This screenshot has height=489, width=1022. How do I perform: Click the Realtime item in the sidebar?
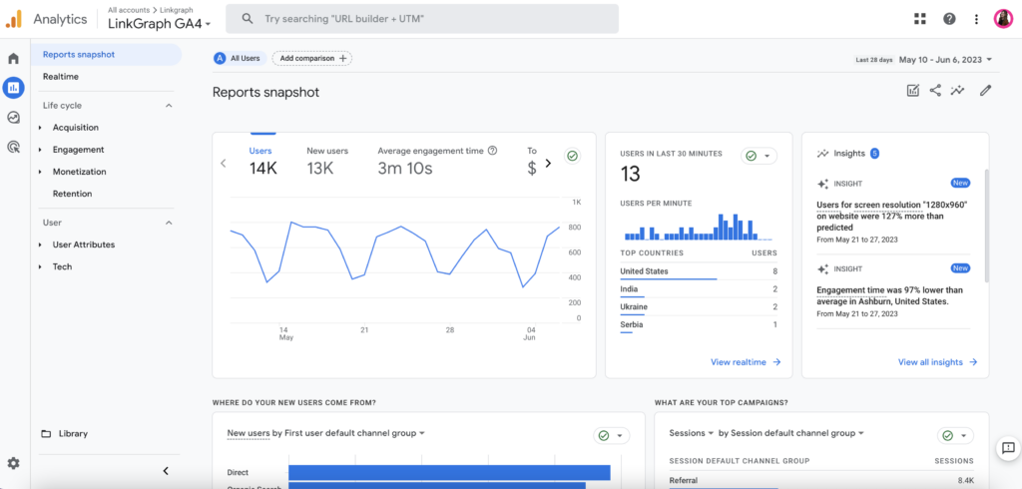coord(61,77)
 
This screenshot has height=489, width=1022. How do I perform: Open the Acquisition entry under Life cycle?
coord(76,128)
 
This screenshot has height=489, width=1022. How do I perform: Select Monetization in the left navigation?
coord(80,172)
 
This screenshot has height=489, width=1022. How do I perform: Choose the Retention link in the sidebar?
coord(72,194)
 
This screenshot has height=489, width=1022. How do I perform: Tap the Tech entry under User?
coord(62,266)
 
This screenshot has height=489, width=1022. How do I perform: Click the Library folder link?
coord(73,434)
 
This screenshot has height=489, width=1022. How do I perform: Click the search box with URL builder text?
coord(421,19)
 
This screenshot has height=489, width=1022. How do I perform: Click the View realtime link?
coord(745,362)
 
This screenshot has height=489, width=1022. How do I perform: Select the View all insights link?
coord(937,362)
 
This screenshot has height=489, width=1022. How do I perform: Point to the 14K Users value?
coord(263,169)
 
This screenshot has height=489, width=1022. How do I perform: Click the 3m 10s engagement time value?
coord(405,169)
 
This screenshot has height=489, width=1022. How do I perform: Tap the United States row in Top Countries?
coord(645,271)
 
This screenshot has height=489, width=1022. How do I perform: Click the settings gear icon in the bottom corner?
coord(13,463)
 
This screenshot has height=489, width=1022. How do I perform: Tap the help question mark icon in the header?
coord(949,19)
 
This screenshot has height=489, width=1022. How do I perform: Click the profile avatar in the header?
coord(1004,19)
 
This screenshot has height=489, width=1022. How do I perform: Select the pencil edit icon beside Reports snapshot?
coord(986,91)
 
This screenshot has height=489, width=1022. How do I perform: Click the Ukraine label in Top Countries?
coord(635,307)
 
